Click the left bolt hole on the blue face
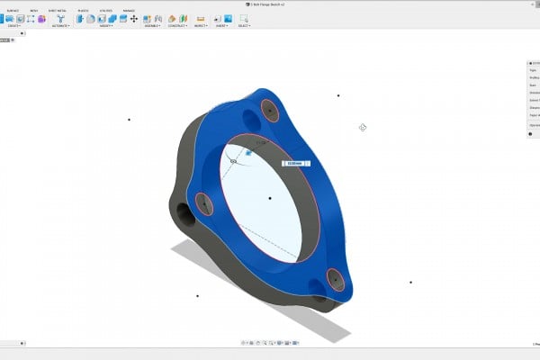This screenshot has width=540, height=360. coord(203,203)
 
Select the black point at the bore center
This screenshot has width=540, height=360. coord(270,198)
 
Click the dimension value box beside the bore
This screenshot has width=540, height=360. coord(297,164)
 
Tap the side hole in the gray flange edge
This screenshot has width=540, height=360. coord(184,214)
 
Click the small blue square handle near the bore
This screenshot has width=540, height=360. coord(248,153)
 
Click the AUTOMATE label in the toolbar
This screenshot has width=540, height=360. coord(60,26)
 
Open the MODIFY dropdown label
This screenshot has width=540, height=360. coord(106,26)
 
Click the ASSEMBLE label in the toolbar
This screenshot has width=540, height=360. coord(152,26)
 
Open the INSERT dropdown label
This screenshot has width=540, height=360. coord(220,26)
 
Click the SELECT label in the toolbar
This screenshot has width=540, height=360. coord(243,26)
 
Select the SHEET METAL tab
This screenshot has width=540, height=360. coord(58,11)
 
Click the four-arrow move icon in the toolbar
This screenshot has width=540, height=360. coord(134,18)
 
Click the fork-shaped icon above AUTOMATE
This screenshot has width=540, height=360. coord(60,18)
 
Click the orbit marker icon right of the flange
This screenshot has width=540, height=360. coord(363,127)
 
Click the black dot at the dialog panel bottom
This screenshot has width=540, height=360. coord(530,134)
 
